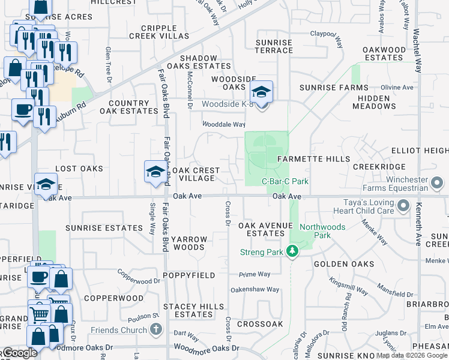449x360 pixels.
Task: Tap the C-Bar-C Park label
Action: coord(285,181)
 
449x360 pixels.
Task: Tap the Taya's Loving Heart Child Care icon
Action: coord(403,207)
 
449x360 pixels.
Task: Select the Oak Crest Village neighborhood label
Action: coord(194,174)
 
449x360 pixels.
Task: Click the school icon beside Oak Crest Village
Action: coord(155,172)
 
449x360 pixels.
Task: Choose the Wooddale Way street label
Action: coord(223,125)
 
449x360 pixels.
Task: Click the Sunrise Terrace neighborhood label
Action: coord(274,47)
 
